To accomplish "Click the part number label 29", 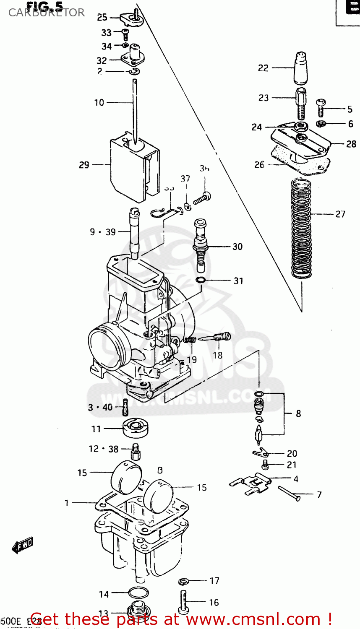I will (84, 165).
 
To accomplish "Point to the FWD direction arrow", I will (22, 545).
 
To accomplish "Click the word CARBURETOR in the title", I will (47, 13).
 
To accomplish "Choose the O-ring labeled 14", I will (137, 593).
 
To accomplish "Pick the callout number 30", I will (237, 247).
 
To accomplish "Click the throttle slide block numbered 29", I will (134, 166).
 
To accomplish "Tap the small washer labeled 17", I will (183, 581).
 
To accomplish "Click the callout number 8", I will (298, 414).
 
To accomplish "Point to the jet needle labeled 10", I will (135, 109).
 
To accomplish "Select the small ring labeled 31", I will (201, 280).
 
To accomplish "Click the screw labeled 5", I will (321, 108).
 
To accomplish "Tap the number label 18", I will (217, 355).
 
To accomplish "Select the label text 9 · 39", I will (103, 232).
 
